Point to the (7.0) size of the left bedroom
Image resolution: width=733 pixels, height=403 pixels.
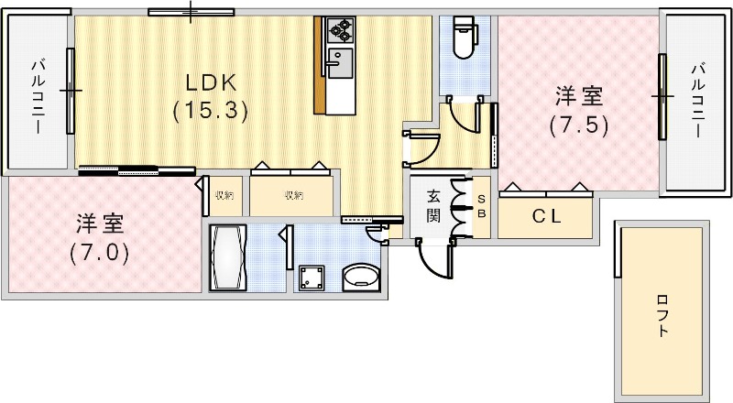99,251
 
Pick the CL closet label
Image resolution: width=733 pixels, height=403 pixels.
547,218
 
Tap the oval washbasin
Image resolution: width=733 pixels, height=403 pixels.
360,277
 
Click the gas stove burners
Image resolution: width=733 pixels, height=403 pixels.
341,30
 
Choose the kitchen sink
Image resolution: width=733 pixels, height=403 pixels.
341,65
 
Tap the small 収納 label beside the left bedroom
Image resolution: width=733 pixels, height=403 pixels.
224,195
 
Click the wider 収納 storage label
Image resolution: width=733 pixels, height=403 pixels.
292,195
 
